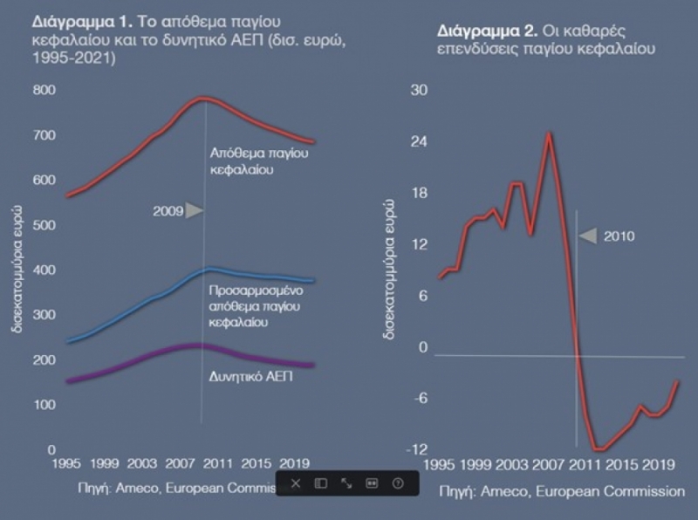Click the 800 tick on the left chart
pyautogui.click(x=44, y=90)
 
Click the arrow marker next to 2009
pyautogui.click(x=195, y=211)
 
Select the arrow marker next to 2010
pyautogui.click(x=589, y=236)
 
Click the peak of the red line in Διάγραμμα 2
pyautogui.click(x=549, y=133)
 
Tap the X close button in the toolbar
pyautogui.click(x=296, y=482)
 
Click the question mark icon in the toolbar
pyautogui.click(x=398, y=482)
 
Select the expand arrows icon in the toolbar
pyautogui.click(x=346, y=482)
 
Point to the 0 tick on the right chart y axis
pyautogui.click(x=425, y=347)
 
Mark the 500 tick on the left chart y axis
pyautogui.click(x=44, y=225)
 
